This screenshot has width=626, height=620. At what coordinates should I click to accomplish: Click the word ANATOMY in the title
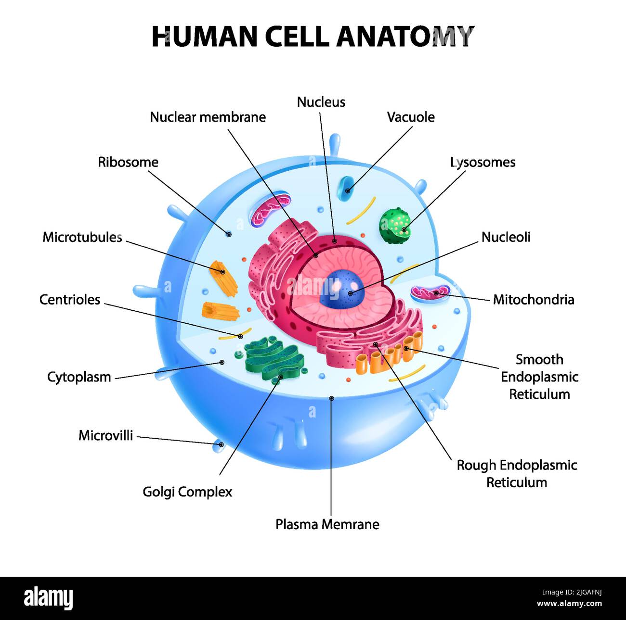click(405, 37)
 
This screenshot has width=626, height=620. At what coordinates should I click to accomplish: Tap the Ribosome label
click(128, 162)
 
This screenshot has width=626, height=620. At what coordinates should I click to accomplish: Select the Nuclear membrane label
click(208, 117)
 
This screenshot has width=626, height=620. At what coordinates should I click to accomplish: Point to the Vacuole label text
click(411, 117)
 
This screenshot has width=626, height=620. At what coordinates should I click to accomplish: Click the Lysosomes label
click(483, 163)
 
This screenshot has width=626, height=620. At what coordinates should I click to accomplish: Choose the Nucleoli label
click(506, 237)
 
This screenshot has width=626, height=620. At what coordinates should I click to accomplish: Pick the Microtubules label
click(82, 237)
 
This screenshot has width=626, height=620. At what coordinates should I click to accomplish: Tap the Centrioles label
click(70, 300)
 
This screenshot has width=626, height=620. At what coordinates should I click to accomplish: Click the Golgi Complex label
click(187, 492)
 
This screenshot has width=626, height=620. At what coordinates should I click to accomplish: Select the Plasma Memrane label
click(327, 524)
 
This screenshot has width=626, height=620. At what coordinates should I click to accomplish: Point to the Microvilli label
click(105, 436)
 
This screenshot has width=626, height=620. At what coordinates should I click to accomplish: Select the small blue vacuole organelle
click(345, 188)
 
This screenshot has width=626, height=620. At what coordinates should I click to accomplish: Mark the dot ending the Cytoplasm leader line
click(222, 362)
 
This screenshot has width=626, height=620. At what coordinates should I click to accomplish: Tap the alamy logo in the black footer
click(48, 598)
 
